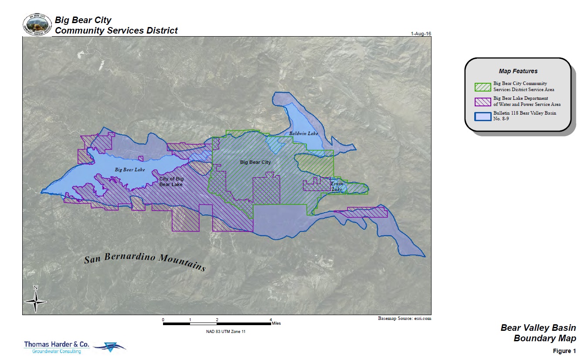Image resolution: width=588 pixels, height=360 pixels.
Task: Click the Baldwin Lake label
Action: click(304, 133)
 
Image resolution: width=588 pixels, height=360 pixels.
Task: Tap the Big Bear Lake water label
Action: click(130, 170)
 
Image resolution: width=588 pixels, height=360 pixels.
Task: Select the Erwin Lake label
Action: click(337, 187)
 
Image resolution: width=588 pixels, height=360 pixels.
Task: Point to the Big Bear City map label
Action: click(255, 162)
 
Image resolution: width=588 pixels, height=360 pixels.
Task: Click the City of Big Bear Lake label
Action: click(171, 182)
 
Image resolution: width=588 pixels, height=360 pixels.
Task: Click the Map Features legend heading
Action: click(518, 71)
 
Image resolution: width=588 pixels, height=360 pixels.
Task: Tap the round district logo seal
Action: click(37, 24)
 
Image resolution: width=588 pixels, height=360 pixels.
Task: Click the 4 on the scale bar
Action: click(271, 319)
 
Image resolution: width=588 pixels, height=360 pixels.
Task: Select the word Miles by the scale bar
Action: click(276, 323)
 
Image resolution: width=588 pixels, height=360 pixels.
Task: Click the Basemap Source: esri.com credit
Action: click(404, 319)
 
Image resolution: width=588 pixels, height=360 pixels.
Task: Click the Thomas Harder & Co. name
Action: click(57, 344)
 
